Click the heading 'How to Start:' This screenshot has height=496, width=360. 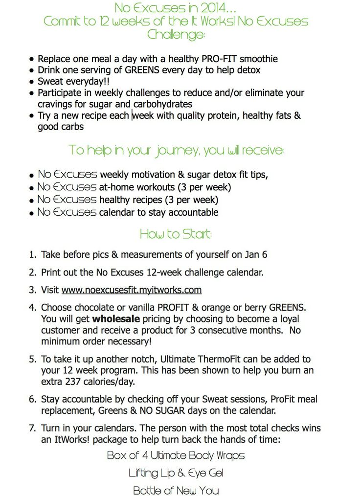coord(176,234)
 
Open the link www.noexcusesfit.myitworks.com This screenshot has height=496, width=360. coord(132,290)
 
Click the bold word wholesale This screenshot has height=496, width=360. coord(116,319)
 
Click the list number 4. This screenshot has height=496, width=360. coord(32,308)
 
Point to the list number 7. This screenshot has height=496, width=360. coord(32,428)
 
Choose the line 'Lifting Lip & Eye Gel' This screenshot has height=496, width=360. coord(176,473)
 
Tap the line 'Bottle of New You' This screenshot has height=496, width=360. coord(176,490)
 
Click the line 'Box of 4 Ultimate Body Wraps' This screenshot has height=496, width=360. coord(176,455)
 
